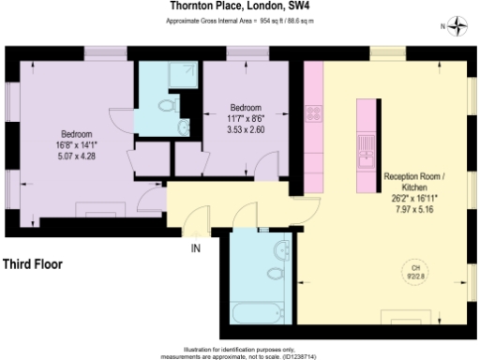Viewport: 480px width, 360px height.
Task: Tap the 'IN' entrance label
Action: [x=196, y=248]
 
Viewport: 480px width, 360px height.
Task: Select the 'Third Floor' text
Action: [x=34, y=264]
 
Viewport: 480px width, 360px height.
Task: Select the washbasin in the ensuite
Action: [x=183, y=126]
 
